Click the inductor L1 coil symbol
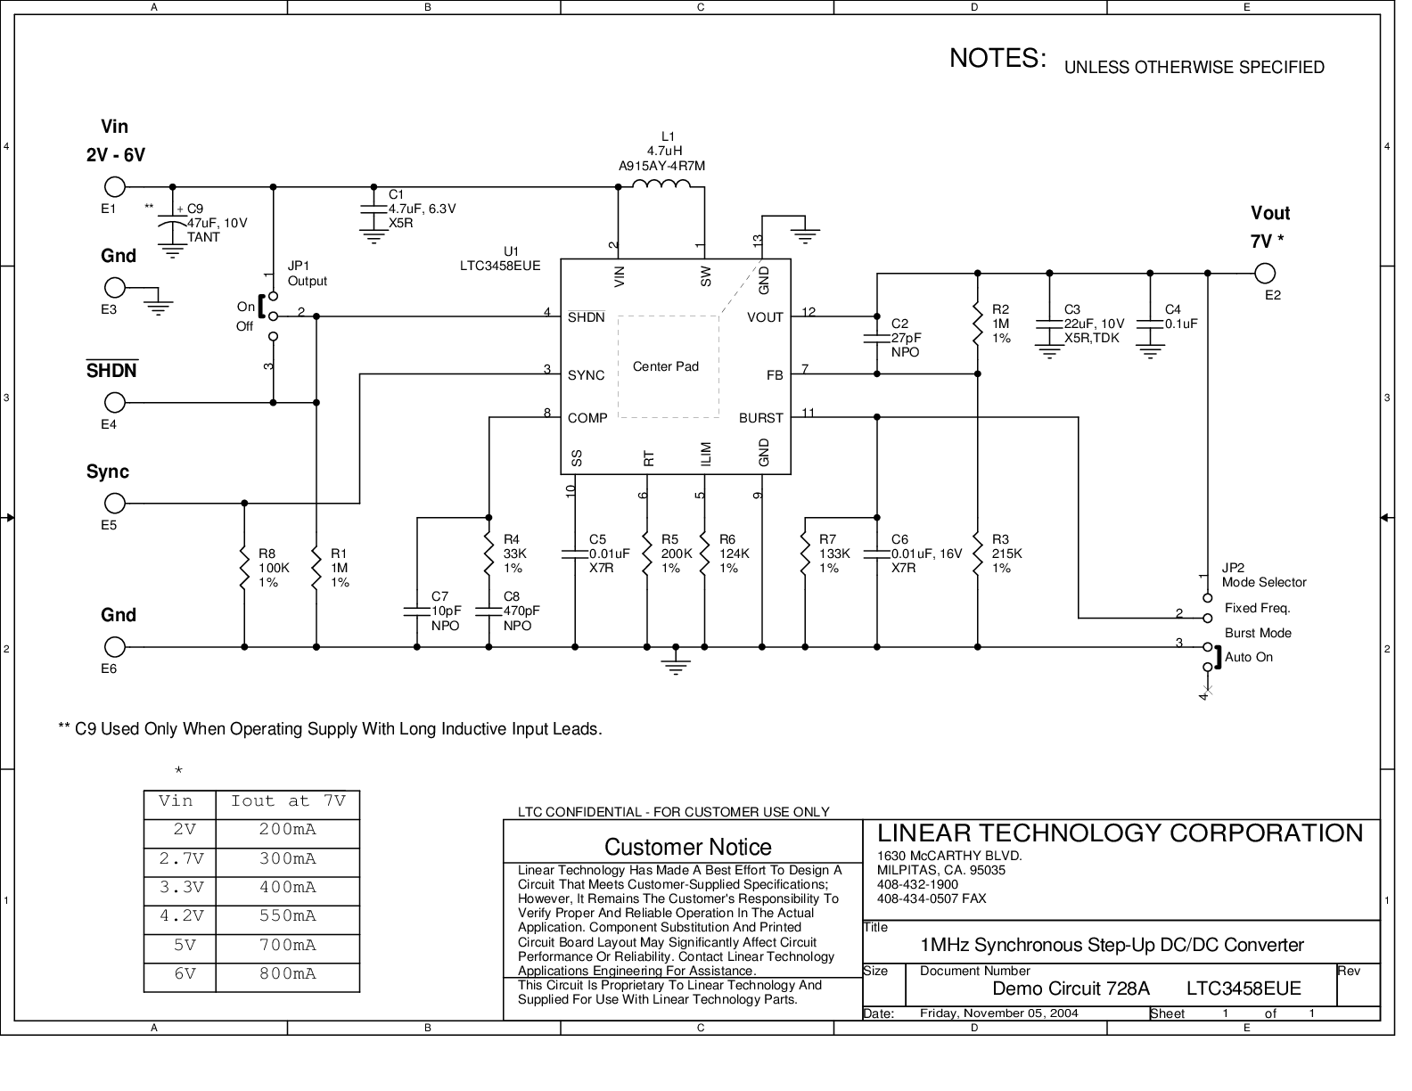point(661,185)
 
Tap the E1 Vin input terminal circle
point(114,187)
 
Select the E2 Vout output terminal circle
point(1264,273)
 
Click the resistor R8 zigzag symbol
point(244,567)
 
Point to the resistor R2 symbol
point(978,323)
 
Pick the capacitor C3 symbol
point(1049,324)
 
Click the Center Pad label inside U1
point(665,366)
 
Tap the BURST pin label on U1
point(760,418)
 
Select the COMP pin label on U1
point(587,418)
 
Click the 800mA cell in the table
point(287,973)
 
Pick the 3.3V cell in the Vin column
point(181,887)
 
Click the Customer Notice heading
point(687,847)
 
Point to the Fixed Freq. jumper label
point(1257,608)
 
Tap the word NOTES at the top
point(997,58)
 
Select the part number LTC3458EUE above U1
point(500,266)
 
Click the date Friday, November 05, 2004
point(998,1013)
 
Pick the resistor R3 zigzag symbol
point(978,554)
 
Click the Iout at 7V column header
point(287,801)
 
